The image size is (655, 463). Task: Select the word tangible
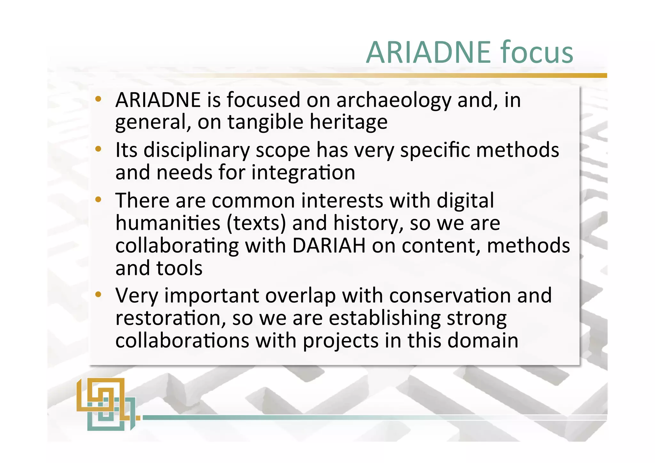tap(265, 123)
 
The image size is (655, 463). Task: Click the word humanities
tap(168, 223)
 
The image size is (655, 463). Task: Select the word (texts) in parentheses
tap(256, 223)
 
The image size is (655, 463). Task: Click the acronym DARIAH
tap(329, 246)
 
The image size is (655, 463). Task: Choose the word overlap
tap(300, 295)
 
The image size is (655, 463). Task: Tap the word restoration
tap(170, 318)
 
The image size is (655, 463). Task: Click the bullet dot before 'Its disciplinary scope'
tap(98, 149)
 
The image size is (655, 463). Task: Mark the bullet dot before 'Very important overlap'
tap(98, 294)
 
